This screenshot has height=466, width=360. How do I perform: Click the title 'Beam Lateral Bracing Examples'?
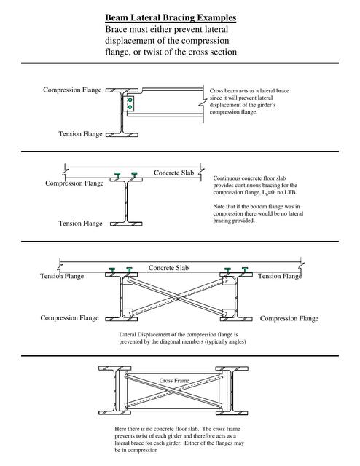click(170, 17)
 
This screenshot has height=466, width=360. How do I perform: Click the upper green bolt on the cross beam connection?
click(129, 99)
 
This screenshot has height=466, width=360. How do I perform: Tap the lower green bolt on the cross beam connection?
click(129, 108)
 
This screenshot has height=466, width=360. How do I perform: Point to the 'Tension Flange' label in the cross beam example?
click(80, 134)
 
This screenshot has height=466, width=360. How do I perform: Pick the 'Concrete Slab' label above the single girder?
click(175, 173)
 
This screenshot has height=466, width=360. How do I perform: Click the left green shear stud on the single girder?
click(117, 175)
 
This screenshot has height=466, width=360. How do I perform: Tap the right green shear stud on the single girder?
click(134, 175)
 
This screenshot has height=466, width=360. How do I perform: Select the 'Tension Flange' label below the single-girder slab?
click(80, 223)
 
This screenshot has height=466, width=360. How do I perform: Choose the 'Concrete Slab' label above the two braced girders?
click(170, 268)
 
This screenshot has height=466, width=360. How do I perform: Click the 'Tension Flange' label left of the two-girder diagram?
click(61, 276)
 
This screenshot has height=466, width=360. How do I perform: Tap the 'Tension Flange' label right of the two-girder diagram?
click(281, 276)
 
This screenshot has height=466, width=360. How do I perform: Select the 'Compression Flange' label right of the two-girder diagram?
click(289, 318)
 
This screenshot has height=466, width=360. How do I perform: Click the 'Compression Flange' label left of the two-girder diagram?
click(71, 318)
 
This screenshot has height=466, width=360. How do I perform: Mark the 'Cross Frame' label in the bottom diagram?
click(175, 380)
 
